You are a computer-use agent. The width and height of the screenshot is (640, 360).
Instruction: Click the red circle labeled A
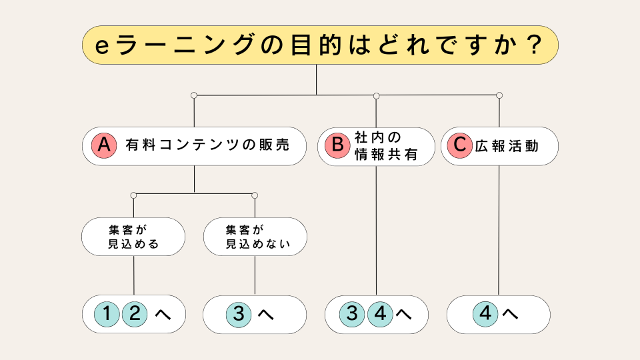(104, 145)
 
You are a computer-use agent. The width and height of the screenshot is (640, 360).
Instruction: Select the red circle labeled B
(337, 145)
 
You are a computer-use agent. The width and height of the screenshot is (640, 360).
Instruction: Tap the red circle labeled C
(460, 145)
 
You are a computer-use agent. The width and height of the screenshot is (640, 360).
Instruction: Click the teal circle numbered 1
(107, 314)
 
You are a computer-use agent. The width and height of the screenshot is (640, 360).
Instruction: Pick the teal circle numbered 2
(135, 314)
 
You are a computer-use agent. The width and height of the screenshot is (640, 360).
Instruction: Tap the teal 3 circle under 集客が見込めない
(239, 314)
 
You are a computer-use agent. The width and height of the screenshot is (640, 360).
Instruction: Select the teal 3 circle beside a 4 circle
(352, 314)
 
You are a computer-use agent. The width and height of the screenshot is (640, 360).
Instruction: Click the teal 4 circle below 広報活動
(485, 314)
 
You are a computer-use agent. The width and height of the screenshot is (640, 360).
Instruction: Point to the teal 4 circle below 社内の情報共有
(381, 314)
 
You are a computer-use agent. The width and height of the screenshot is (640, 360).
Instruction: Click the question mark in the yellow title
(534, 45)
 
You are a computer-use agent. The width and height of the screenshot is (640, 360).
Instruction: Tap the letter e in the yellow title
(101, 47)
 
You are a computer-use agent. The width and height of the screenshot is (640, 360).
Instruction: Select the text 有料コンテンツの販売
(207, 145)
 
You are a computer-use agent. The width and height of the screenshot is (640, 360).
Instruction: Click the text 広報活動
(507, 146)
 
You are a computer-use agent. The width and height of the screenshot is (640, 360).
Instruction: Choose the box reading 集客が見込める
(133, 237)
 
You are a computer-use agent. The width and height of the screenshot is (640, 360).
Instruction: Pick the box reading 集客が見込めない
(255, 237)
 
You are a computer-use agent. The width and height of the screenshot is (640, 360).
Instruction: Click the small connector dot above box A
(194, 95)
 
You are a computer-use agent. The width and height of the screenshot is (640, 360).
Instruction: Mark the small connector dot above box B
(376, 96)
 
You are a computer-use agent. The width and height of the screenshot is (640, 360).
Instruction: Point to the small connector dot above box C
(499, 95)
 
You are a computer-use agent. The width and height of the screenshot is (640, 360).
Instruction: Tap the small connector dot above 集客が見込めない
(255, 195)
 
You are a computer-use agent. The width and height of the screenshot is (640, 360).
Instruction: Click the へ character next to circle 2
(163, 314)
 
